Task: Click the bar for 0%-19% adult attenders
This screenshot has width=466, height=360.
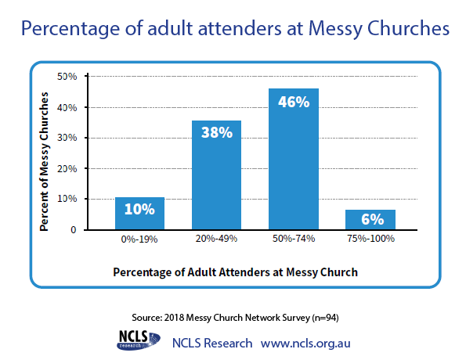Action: (139, 214)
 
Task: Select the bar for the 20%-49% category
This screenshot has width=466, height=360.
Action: (216, 175)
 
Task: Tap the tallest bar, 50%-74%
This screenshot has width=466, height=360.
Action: (294, 159)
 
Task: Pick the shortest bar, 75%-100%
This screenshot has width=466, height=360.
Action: (370, 219)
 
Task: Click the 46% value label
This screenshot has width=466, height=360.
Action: (294, 102)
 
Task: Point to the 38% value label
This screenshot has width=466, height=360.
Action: (217, 132)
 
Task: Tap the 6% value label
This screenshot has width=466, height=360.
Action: (372, 219)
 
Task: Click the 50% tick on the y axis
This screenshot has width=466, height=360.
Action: (67, 77)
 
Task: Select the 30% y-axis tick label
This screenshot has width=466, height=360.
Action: (67, 138)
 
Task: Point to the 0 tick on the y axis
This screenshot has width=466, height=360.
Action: (74, 230)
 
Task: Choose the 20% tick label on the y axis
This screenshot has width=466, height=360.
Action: (67, 169)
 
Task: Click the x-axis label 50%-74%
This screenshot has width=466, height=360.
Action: (294, 239)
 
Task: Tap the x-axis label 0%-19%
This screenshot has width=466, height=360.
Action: (139, 239)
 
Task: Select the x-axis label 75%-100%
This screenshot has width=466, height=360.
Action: (371, 239)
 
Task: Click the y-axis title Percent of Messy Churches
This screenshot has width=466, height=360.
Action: (44, 161)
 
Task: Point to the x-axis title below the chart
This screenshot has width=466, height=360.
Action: (236, 272)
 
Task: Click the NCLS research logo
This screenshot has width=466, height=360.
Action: (139, 340)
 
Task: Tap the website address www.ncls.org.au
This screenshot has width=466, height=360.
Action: (305, 344)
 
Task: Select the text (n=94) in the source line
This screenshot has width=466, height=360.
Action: (325, 318)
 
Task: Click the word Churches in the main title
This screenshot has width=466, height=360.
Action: (408, 29)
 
